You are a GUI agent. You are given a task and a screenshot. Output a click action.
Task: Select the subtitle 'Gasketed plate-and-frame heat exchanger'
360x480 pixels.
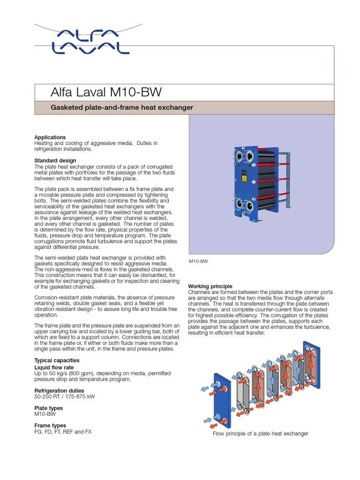coord(121,108)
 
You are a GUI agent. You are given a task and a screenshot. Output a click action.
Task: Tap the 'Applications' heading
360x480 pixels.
coord(50,137)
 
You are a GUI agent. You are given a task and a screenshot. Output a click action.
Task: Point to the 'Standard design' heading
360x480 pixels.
coord(55,161)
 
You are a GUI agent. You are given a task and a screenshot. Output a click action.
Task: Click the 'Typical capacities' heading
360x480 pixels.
coord(57,360)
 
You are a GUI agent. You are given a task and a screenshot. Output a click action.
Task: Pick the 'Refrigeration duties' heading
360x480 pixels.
coord(60,390)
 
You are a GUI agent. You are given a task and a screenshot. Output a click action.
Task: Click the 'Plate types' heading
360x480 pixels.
coord(49,408)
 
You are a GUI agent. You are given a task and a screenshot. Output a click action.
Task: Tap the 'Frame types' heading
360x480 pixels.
coord(50,426)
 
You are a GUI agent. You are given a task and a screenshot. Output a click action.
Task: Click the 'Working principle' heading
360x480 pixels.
coord(210,286)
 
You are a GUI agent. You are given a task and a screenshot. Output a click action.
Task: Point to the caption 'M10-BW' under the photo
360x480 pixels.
coord(198,261)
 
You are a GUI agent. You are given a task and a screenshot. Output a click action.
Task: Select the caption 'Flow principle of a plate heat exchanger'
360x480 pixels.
coord(261,434)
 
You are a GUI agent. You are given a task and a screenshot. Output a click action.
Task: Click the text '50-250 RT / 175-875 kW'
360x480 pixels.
coord(65,397)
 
